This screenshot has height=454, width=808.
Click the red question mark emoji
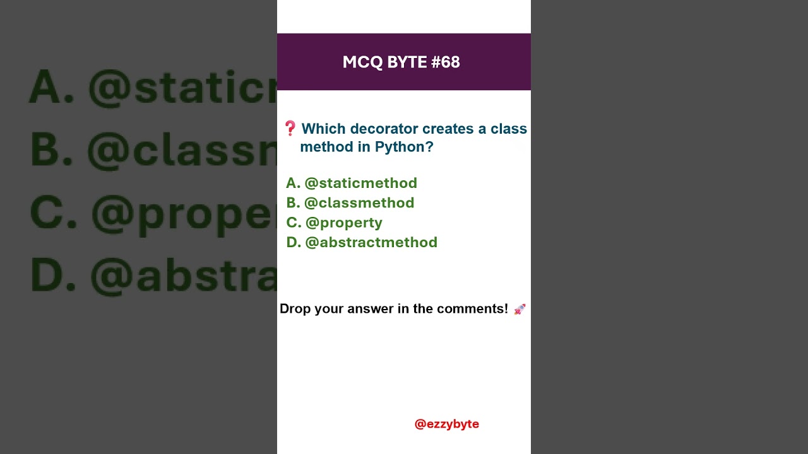tap(290, 129)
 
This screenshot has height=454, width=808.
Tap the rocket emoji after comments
tap(520, 309)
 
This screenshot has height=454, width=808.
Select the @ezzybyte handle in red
tap(446, 424)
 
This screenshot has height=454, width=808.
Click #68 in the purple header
tap(446, 62)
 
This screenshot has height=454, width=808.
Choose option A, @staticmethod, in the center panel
tap(352, 183)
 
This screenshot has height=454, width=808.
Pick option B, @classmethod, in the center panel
tap(350, 202)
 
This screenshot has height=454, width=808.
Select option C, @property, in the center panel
tap(335, 223)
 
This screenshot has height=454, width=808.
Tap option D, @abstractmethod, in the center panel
tap(362, 242)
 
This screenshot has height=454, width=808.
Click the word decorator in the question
tap(384, 129)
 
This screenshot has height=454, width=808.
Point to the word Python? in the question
tap(404, 147)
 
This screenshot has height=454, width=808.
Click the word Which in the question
tap(323, 129)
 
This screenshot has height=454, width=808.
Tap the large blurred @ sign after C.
tap(114, 214)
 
